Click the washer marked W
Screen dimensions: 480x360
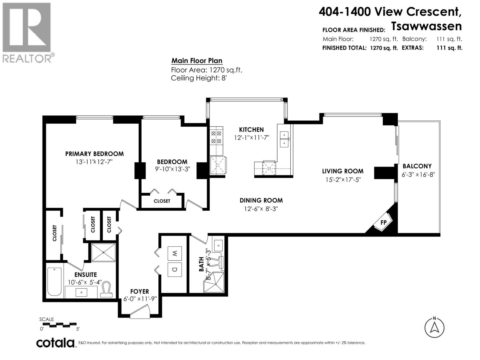click(x=175, y=253)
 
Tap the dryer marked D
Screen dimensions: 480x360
click(x=175, y=270)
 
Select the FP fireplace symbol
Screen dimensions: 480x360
click(x=383, y=222)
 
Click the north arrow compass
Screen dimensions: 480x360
click(x=434, y=328)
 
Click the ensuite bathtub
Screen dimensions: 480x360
click(x=55, y=282)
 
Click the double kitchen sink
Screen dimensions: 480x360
click(x=284, y=139)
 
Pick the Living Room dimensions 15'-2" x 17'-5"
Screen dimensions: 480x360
click(x=343, y=180)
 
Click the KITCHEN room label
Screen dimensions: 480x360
click(x=251, y=130)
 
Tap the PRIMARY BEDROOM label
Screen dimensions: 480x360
click(x=94, y=154)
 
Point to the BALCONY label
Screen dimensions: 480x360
click(x=417, y=166)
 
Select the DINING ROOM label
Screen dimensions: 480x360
click(x=261, y=200)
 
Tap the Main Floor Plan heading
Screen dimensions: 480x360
click(x=197, y=61)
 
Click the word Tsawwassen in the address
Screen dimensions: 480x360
click(x=426, y=26)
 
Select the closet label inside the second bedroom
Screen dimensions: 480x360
click(x=162, y=201)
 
